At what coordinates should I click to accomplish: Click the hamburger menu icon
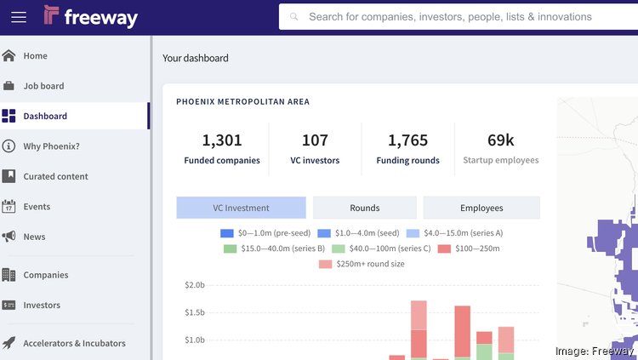point(18,17)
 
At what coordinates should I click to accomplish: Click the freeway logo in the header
point(90,16)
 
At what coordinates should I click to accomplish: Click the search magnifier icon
point(294,17)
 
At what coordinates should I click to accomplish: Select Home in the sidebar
point(35,56)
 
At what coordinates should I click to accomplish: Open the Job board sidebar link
point(43,86)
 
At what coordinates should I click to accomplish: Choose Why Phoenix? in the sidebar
point(51,146)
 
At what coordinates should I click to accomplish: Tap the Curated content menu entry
point(56,176)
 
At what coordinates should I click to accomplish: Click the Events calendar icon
point(9,207)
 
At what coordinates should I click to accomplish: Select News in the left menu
point(34,237)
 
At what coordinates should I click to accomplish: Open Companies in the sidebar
point(45,275)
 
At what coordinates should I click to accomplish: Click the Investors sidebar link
point(42,305)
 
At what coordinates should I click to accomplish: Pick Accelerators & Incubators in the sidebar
point(74,343)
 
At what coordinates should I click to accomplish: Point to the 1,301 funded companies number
point(222,140)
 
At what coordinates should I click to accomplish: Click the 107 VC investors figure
point(315,140)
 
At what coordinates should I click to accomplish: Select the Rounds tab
point(365,208)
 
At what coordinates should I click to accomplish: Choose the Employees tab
point(481,208)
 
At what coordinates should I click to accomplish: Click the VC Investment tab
point(241,208)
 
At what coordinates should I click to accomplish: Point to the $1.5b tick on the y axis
point(195,312)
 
